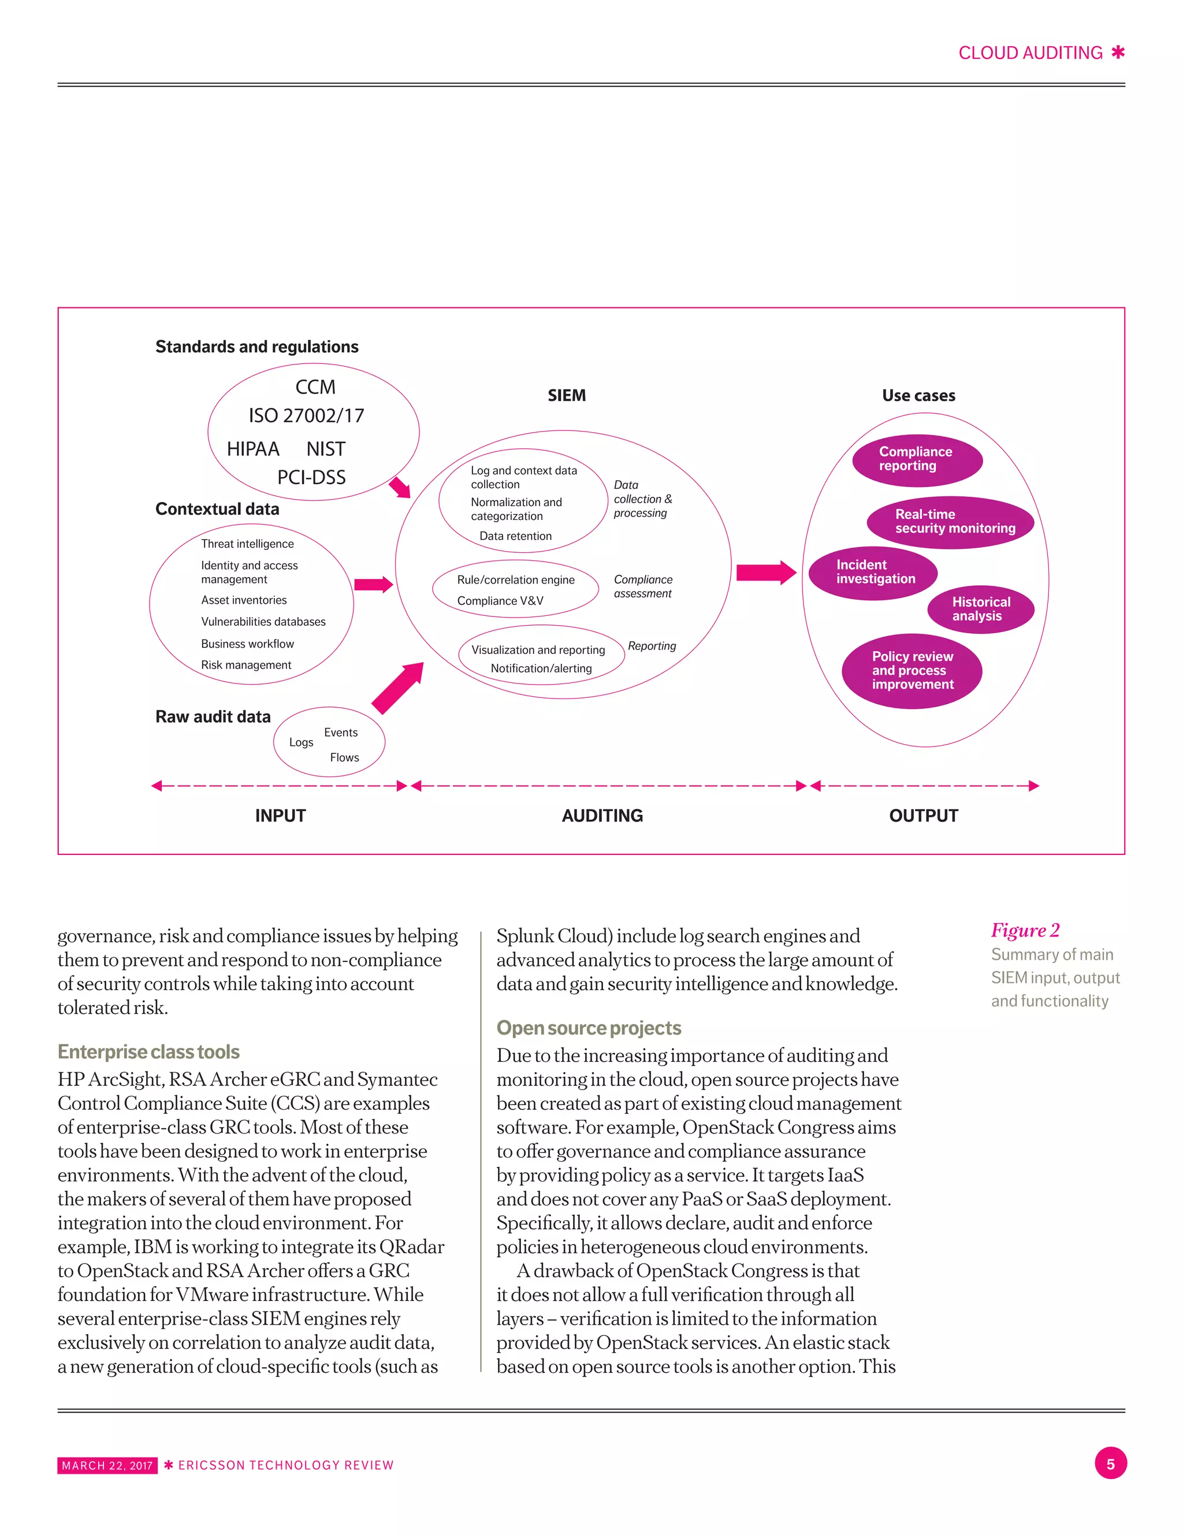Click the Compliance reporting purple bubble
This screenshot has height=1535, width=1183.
point(917,460)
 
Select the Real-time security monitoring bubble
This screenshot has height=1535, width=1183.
point(950,522)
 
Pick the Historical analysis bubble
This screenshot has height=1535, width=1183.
point(981,609)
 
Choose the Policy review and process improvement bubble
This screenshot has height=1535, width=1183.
point(912,671)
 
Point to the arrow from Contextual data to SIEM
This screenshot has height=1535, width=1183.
point(373,584)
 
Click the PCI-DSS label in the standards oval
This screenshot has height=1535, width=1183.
point(311,478)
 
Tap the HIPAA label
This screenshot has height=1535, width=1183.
point(253,449)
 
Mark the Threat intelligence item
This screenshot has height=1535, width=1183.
point(247,544)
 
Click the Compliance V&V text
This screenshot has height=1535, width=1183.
point(500,601)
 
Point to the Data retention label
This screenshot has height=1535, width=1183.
point(515,536)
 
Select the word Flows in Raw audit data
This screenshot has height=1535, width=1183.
point(344,757)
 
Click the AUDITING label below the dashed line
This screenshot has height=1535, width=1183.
point(602,816)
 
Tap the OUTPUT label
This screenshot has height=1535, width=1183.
point(923,816)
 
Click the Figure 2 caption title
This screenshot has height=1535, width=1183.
point(1025,931)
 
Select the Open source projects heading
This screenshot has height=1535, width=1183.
point(589,1028)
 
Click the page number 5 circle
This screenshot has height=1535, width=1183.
point(1110,1464)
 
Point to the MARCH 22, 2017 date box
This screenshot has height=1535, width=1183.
point(107,1466)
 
